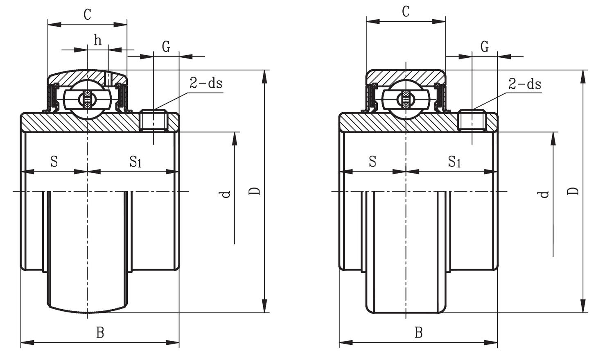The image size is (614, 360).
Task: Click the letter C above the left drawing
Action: (x=87, y=14)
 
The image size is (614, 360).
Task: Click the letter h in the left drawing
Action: (x=97, y=40)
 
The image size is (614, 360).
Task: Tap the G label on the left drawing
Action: (x=166, y=47)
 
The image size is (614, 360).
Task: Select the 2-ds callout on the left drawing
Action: (x=206, y=83)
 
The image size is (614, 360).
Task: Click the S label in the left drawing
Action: (x=54, y=161)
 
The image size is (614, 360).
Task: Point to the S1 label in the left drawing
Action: (x=135, y=162)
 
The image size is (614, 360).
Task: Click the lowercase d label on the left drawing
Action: (x=226, y=194)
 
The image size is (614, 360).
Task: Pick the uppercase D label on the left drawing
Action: (x=255, y=191)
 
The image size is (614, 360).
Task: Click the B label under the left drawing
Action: (x=100, y=333)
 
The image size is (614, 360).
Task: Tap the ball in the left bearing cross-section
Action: (x=87, y=99)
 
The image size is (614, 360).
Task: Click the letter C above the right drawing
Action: (x=405, y=12)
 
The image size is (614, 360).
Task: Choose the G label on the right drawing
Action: (x=484, y=47)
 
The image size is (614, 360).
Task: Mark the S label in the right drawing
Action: (x=372, y=161)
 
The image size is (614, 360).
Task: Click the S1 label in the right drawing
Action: (x=454, y=162)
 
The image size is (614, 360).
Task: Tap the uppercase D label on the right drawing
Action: (x=574, y=191)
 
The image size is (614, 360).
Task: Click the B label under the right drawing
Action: (x=418, y=333)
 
